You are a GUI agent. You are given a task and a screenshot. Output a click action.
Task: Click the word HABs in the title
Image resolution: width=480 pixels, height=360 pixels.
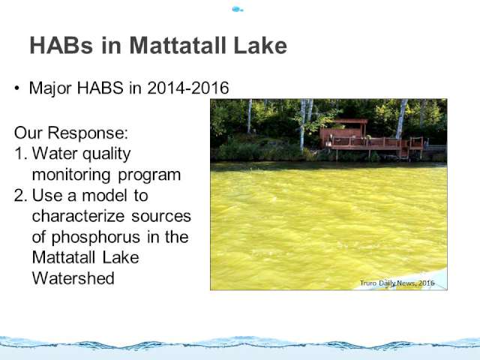click(61, 45)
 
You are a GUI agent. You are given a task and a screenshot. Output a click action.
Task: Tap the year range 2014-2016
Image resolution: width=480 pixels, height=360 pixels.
click(188, 88)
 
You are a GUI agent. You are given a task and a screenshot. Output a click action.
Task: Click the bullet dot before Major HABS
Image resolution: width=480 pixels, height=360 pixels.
click(16, 88)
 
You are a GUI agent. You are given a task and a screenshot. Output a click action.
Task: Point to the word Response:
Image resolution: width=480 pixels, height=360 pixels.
click(88, 133)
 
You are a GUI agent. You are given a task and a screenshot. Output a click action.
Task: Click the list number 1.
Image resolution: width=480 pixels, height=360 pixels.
click(21, 153)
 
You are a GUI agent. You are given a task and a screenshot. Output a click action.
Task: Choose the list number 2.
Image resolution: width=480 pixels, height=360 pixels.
click(21, 195)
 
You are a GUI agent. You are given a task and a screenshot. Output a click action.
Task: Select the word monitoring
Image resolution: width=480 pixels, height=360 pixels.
click(71, 175)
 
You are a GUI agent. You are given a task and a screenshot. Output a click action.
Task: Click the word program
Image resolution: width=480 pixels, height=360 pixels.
click(149, 175)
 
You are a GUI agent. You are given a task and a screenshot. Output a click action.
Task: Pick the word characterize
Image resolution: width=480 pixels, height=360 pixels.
click(78, 216)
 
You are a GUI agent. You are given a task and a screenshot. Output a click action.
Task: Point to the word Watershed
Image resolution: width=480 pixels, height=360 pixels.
click(73, 278)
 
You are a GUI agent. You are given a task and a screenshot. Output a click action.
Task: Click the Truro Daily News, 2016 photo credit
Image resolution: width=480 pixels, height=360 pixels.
click(397, 283)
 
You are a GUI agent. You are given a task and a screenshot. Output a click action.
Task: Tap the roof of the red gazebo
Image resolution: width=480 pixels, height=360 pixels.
click(350, 121)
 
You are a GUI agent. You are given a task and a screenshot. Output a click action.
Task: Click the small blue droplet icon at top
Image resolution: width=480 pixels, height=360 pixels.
click(238, 9)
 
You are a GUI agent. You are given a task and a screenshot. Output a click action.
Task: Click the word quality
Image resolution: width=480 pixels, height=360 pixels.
click(106, 154)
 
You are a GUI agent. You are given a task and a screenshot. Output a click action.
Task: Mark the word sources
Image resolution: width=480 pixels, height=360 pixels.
click(161, 217)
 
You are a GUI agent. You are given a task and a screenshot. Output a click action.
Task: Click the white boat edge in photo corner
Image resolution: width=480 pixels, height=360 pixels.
click(428, 280)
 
